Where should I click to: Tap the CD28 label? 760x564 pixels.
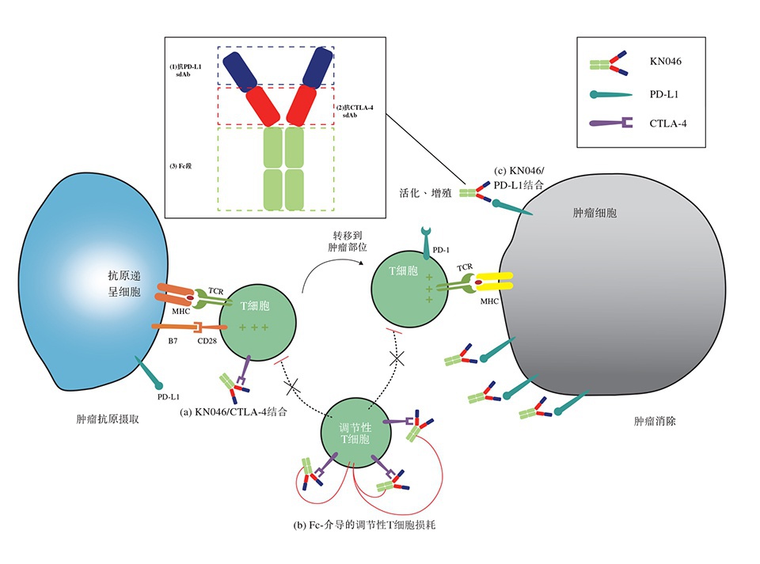click(207, 343)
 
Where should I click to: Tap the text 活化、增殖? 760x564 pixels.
click(425, 192)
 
